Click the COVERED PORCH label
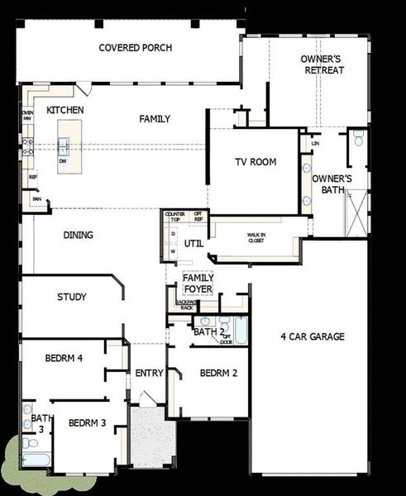[136, 48]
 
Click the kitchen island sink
[63, 146]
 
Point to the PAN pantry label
[36, 198]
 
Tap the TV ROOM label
[256, 162]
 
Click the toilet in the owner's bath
[356, 137]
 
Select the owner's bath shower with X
[357, 213]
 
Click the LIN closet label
[316, 143]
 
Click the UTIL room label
[193, 243]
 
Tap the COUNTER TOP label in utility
[174, 216]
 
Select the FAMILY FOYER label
[198, 284]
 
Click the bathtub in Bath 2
[240, 331]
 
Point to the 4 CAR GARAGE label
[312, 336]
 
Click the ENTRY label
[149, 373]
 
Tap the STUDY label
[72, 297]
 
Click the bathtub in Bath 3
[37, 460]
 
